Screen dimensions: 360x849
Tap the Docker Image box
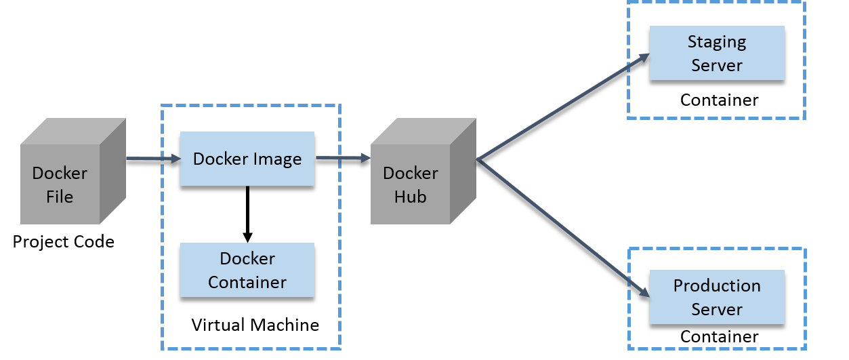coord(247,159)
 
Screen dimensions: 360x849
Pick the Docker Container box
coord(247,270)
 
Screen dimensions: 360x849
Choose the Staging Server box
coord(717,54)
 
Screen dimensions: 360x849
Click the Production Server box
coord(717,297)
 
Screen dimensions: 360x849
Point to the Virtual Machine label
coord(255,325)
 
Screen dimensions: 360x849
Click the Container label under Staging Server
coord(719,100)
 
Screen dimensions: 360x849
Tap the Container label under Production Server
coord(719,336)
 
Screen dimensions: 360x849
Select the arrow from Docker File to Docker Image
coord(153,159)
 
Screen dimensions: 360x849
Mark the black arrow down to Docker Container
coord(247,214)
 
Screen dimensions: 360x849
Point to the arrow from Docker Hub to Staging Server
coord(562,108)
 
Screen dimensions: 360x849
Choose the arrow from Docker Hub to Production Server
coord(562,228)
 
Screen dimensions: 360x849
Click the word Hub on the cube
coord(411,197)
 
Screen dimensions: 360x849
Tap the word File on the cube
coord(60,197)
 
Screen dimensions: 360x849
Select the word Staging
coord(717,42)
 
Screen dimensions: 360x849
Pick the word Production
coord(717,285)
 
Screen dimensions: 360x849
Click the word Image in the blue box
coord(278,159)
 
